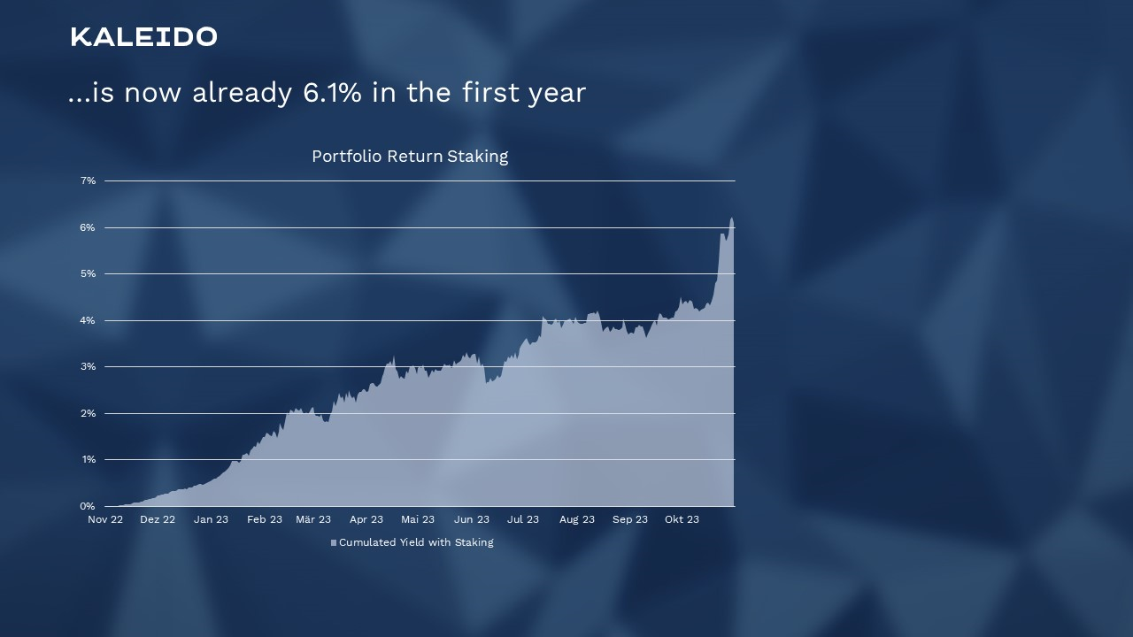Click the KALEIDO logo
(x=144, y=37)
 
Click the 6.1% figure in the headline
(x=332, y=93)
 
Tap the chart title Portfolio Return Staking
(x=410, y=157)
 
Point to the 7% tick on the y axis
(x=88, y=180)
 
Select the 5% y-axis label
(x=88, y=273)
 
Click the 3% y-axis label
(x=88, y=366)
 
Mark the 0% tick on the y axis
(x=88, y=506)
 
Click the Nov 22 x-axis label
(x=105, y=519)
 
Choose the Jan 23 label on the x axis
(x=211, y=519)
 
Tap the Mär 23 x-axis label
(x=313, y=519)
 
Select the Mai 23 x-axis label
(x=418, y=519)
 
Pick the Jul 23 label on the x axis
(x=523, y=519)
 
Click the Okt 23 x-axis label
(x=682, y=519)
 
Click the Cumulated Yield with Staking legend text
(x=416, y=542)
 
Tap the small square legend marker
(x=334, y=543)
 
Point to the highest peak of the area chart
(x=731, y=218)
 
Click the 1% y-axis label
(x=88, y=459)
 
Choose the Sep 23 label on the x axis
(x=629, y=519)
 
